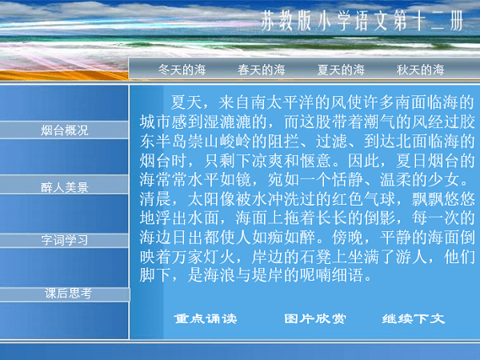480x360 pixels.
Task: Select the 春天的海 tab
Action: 262,70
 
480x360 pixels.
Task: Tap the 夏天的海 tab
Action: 341,70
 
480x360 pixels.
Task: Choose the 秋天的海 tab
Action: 420,70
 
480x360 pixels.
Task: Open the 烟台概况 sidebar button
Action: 64,130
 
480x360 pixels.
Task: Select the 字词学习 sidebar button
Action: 64,239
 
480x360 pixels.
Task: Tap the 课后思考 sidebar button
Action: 67,294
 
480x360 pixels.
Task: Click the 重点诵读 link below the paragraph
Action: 206,318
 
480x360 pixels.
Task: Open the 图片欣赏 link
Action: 315,318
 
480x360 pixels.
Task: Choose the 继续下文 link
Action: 413,318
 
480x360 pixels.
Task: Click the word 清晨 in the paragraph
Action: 156,192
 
